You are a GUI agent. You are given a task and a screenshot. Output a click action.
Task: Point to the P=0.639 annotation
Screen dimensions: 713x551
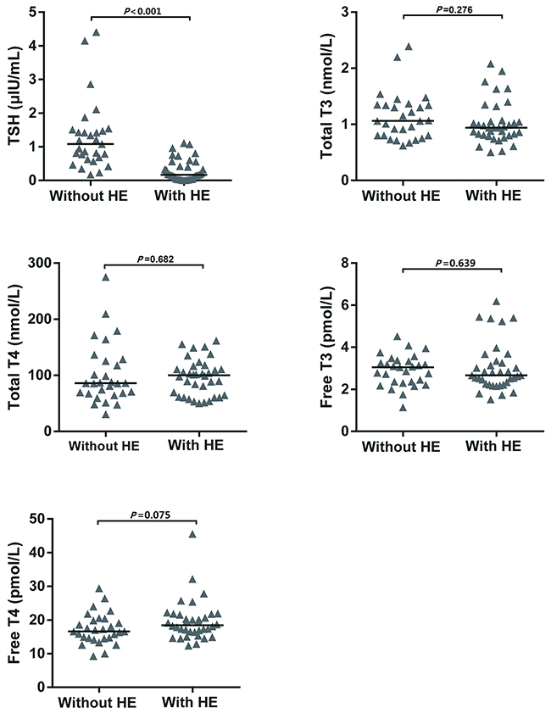pos(452,263)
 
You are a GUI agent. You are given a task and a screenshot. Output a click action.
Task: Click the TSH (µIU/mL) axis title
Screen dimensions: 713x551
pos(14,97)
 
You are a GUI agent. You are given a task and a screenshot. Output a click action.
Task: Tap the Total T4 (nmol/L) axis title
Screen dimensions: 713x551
pos(14,348)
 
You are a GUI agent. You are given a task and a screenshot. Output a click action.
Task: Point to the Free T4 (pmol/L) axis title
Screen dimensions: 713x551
pos(14,604)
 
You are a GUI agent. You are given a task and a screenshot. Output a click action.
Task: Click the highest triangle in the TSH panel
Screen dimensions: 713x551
pos(96,33)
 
